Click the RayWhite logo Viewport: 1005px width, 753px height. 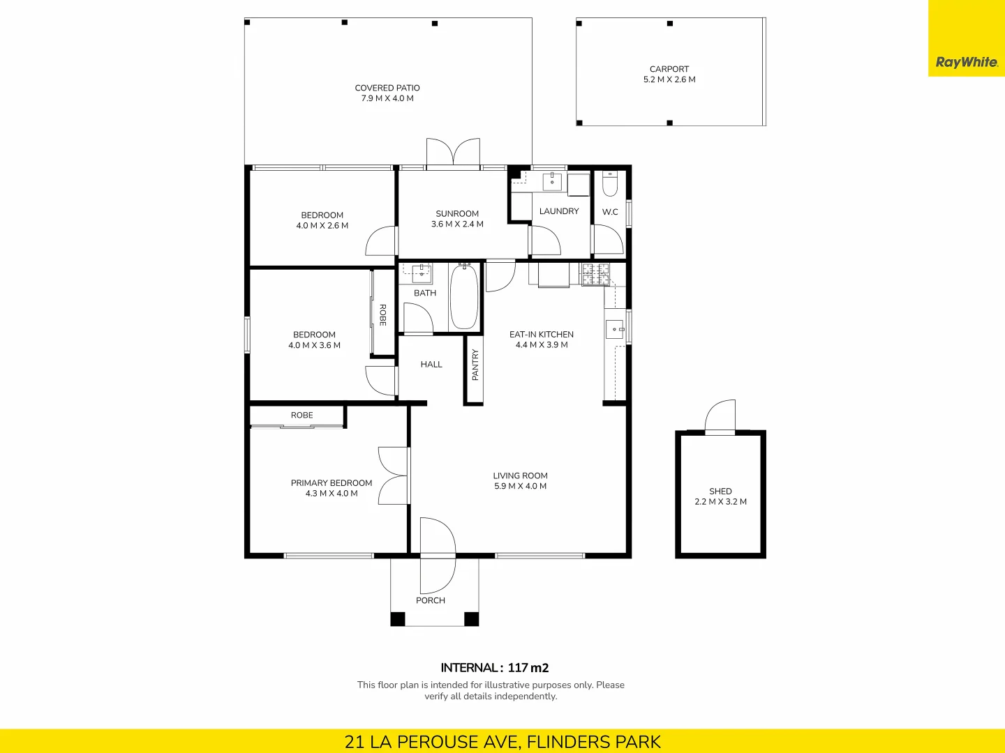pyautogui.click(x=967, y=62)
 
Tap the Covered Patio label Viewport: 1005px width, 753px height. pyautogui.click(x=387, y=88)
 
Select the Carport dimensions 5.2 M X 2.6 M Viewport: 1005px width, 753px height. pyautogui.click(x=669, y=79)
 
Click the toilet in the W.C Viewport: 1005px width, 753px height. pyautogui.click(x=610, y=184)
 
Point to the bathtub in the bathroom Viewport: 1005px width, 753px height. pyautogui.click(x=464, y=297)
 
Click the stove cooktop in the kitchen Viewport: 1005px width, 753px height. pyautogui.click(x=595, y=274)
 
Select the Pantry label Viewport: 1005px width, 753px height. pyautogui.click(x=475, y=365)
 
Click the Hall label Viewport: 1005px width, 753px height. pyautogui.click(x=431, y=364)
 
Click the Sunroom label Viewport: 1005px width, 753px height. pyautogui.click(x=457, y=213)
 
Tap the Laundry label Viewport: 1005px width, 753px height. pyautogui.click(x=559, y=211)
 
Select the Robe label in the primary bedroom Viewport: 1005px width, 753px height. pyautogui.click(x=301, y=415)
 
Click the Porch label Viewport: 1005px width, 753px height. pyautogui.click(x=431, y=600)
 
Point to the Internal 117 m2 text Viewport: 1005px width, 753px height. pyautogui.click(x=495, y=667)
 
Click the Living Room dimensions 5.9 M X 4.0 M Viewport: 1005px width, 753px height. pyautogui.click(x=520, y=486)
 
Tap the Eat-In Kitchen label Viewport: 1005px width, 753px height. pyautogui.click(x=542, y=334)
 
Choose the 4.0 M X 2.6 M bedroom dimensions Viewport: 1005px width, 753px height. pyautogui.click(x=322, y=225)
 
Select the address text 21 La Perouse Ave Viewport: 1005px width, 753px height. pyautogui.click(x=433, y=741)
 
